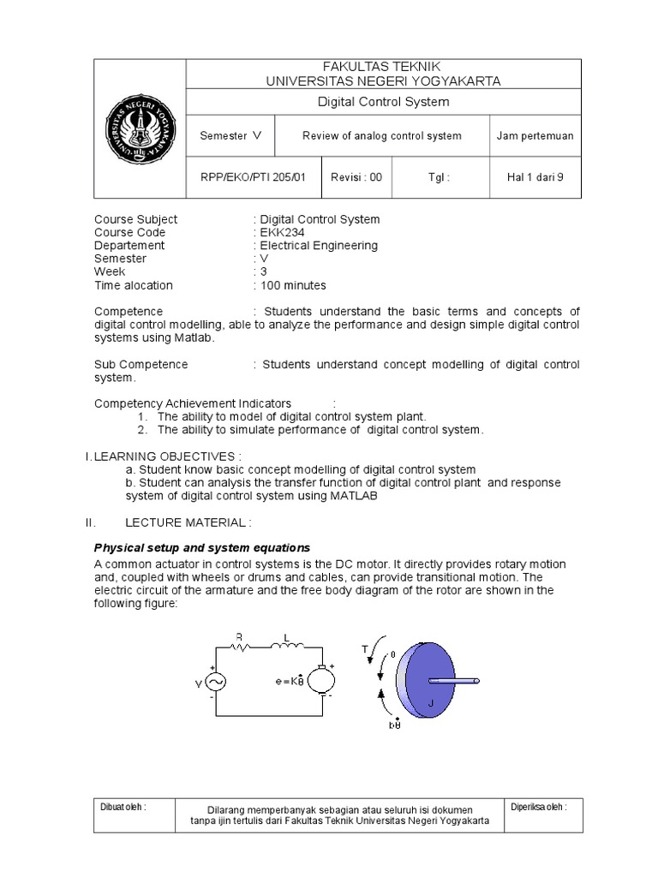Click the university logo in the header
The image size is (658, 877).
tap(141, 129)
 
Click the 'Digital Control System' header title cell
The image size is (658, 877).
tap(383, 102)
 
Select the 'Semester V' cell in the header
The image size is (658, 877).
tap(230, 136)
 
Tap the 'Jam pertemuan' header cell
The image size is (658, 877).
tap(535, 136)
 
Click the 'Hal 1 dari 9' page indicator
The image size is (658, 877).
tap(535, 178)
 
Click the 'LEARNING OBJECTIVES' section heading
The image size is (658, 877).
tap(168, 456)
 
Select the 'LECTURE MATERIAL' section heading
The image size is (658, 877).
tap(189, 522)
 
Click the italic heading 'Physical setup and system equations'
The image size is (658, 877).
tap(201, 547)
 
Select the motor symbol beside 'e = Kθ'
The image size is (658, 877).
tap(322, 681)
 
